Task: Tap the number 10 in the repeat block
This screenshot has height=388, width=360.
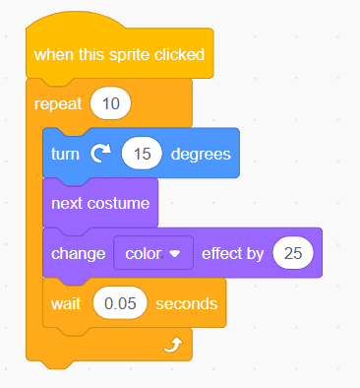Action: click(110, 102)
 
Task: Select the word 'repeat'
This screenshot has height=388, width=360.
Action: click(57, 102)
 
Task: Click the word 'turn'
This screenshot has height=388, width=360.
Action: click(66, 154)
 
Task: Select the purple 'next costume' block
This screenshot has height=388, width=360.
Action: click(99, 203)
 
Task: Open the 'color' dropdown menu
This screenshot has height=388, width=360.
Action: click(153, 253)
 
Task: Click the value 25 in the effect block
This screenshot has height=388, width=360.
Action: click(293, 253)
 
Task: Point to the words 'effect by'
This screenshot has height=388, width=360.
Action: click(232, 253)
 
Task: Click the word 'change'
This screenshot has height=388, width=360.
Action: click(79, 253)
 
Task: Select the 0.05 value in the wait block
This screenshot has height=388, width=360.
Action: click(119, 303)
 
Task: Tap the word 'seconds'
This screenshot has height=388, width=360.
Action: click(185, 303)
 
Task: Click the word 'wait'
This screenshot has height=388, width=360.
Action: click(67, 303)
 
